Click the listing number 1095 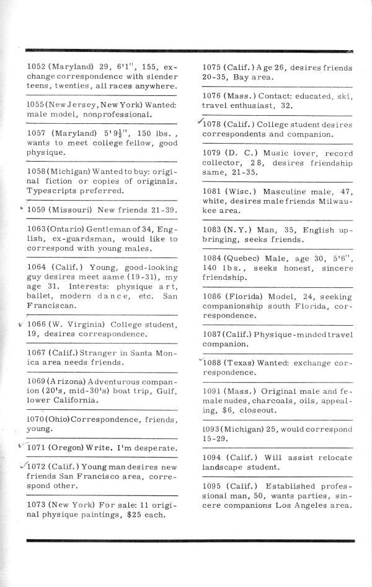[x=214, y=485]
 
